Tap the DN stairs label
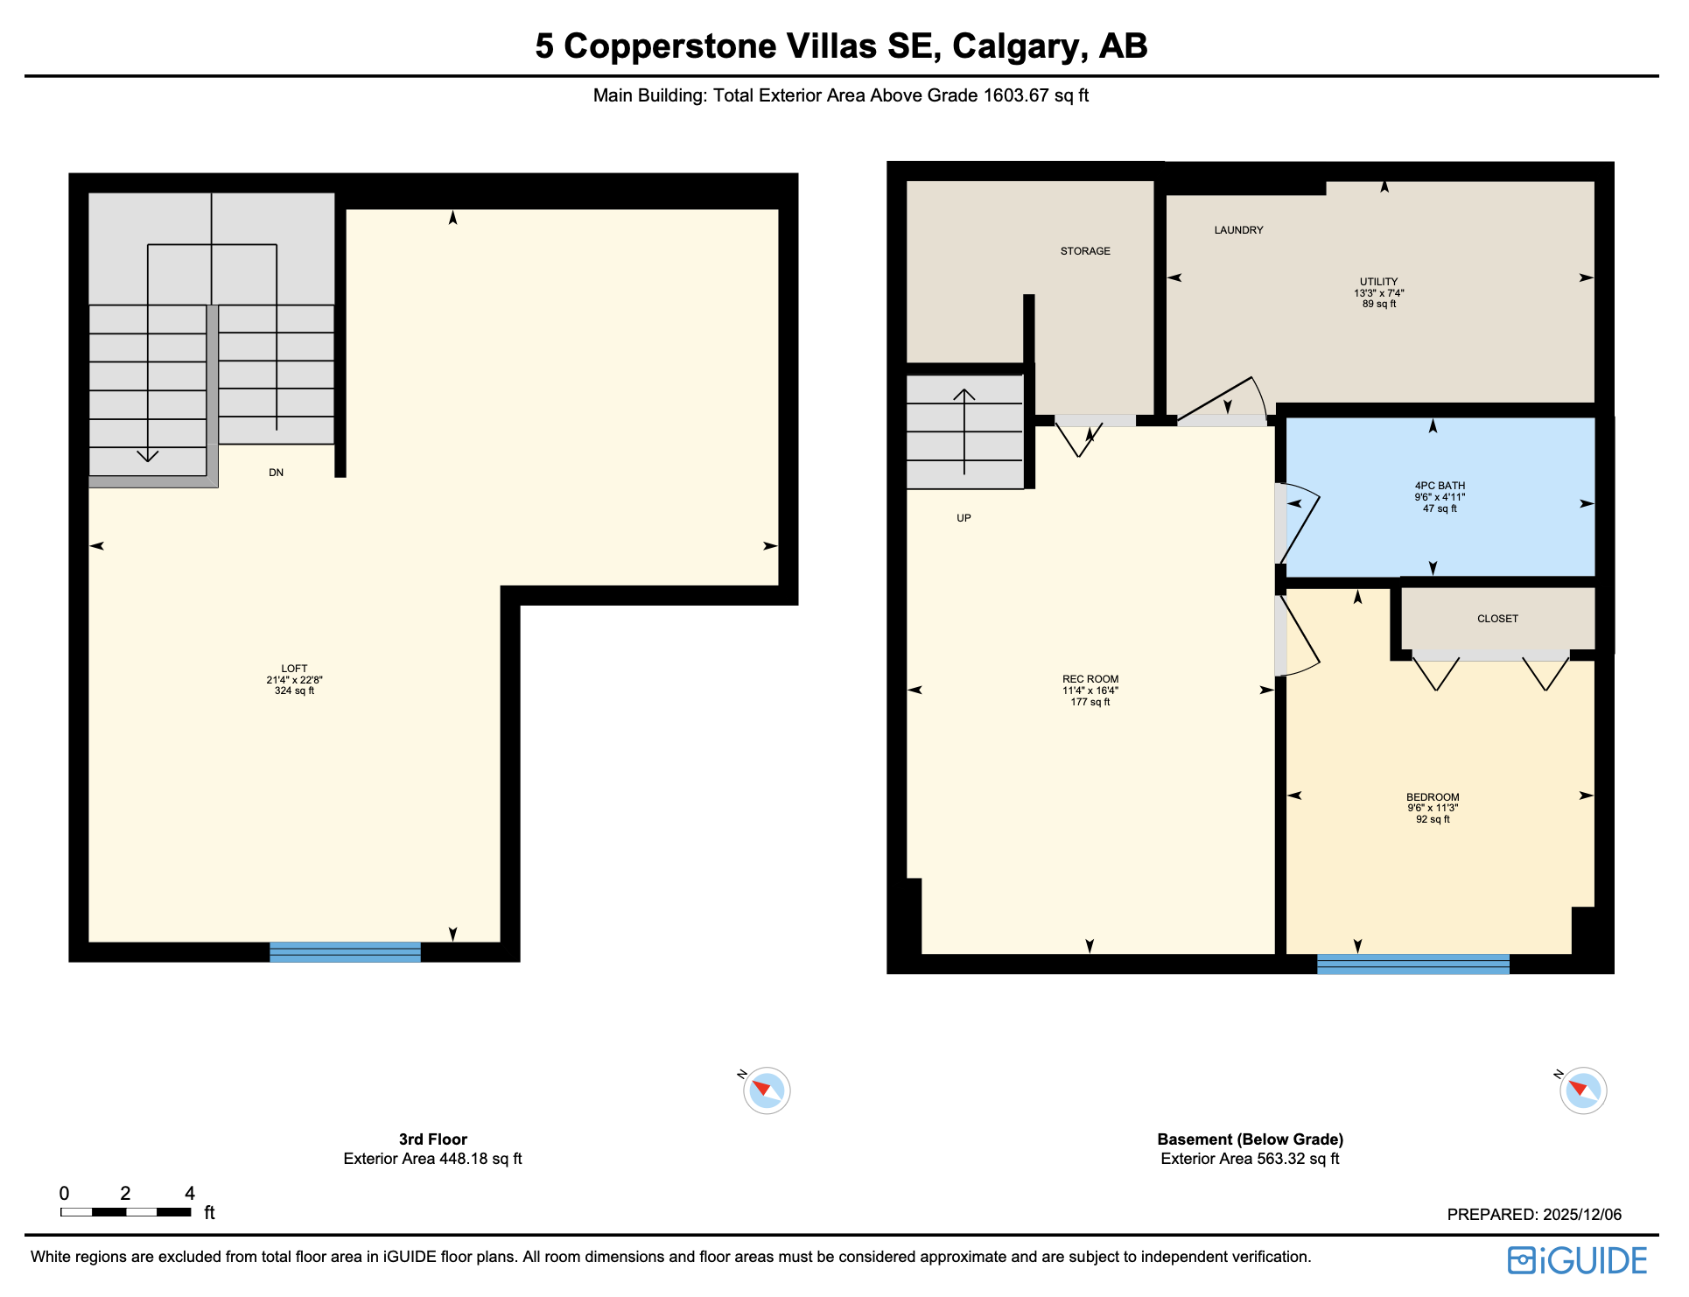pyautogui.click(x=276, y=473)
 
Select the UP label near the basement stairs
pyautogui.click(x=964, y=519)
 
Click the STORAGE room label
pyautogui.click(x=1085, y=252)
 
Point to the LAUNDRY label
pyautogui.click(x=1238, y=231)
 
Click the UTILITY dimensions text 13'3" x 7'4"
pyautogui.click(x=1378, y=294)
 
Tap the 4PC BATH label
pyautogui.click(x=1440, y=487)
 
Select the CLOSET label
pyautogui.click(x=1497, y=620)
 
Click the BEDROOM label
pyautogui.click(x=1433, y=798)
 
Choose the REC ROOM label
pyautogui.click(x=1090, y=680)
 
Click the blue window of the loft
pyautogui.click(x=345, y=953)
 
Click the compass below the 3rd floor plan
pyautogui.click(x=767, y=1091)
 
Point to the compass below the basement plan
pyautogui.click(x=1582, y=1091)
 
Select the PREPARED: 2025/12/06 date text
pyautogui.click(x=1533, y=1216)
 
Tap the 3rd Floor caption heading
pyautogui.click(x=432, y=1140)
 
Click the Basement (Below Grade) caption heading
pyautogui.click(x=1250, y=1140)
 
